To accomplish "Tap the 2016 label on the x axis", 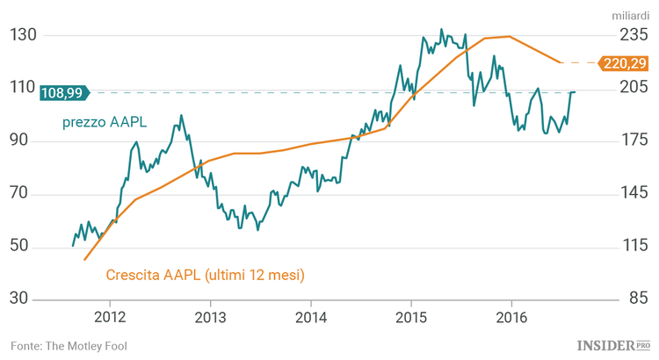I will point(512,316).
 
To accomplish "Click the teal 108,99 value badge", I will point(67,92).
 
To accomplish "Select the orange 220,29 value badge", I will point(624,63).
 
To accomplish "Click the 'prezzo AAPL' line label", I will point(105,122).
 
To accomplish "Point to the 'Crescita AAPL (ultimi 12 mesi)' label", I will point(205,275).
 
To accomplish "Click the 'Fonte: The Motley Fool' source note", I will point(69,346).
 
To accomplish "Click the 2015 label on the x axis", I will point(411,316).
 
